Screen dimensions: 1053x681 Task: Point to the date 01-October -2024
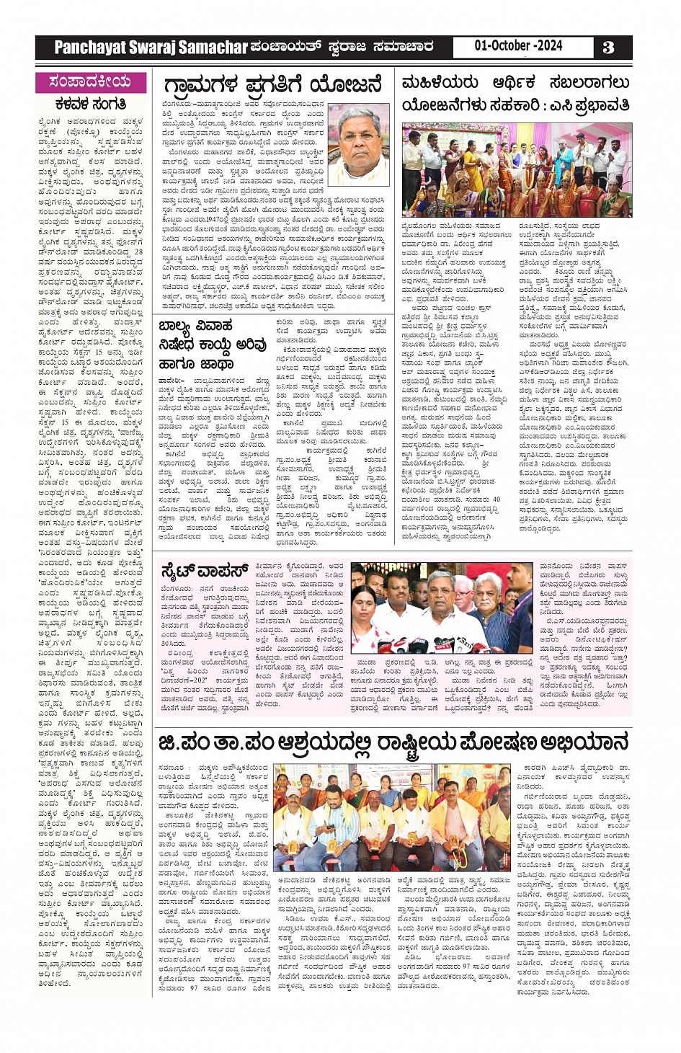[x=518, y=46]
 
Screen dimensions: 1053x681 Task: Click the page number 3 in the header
[x=608, y=48]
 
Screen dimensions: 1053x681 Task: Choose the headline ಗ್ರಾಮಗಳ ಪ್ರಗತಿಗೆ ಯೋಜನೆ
[x=272, y=85]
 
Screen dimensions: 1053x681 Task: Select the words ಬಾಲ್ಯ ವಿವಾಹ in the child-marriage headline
[x=195, y=325]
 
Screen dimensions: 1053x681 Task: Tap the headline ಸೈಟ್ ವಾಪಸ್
[x=204, y=572]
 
